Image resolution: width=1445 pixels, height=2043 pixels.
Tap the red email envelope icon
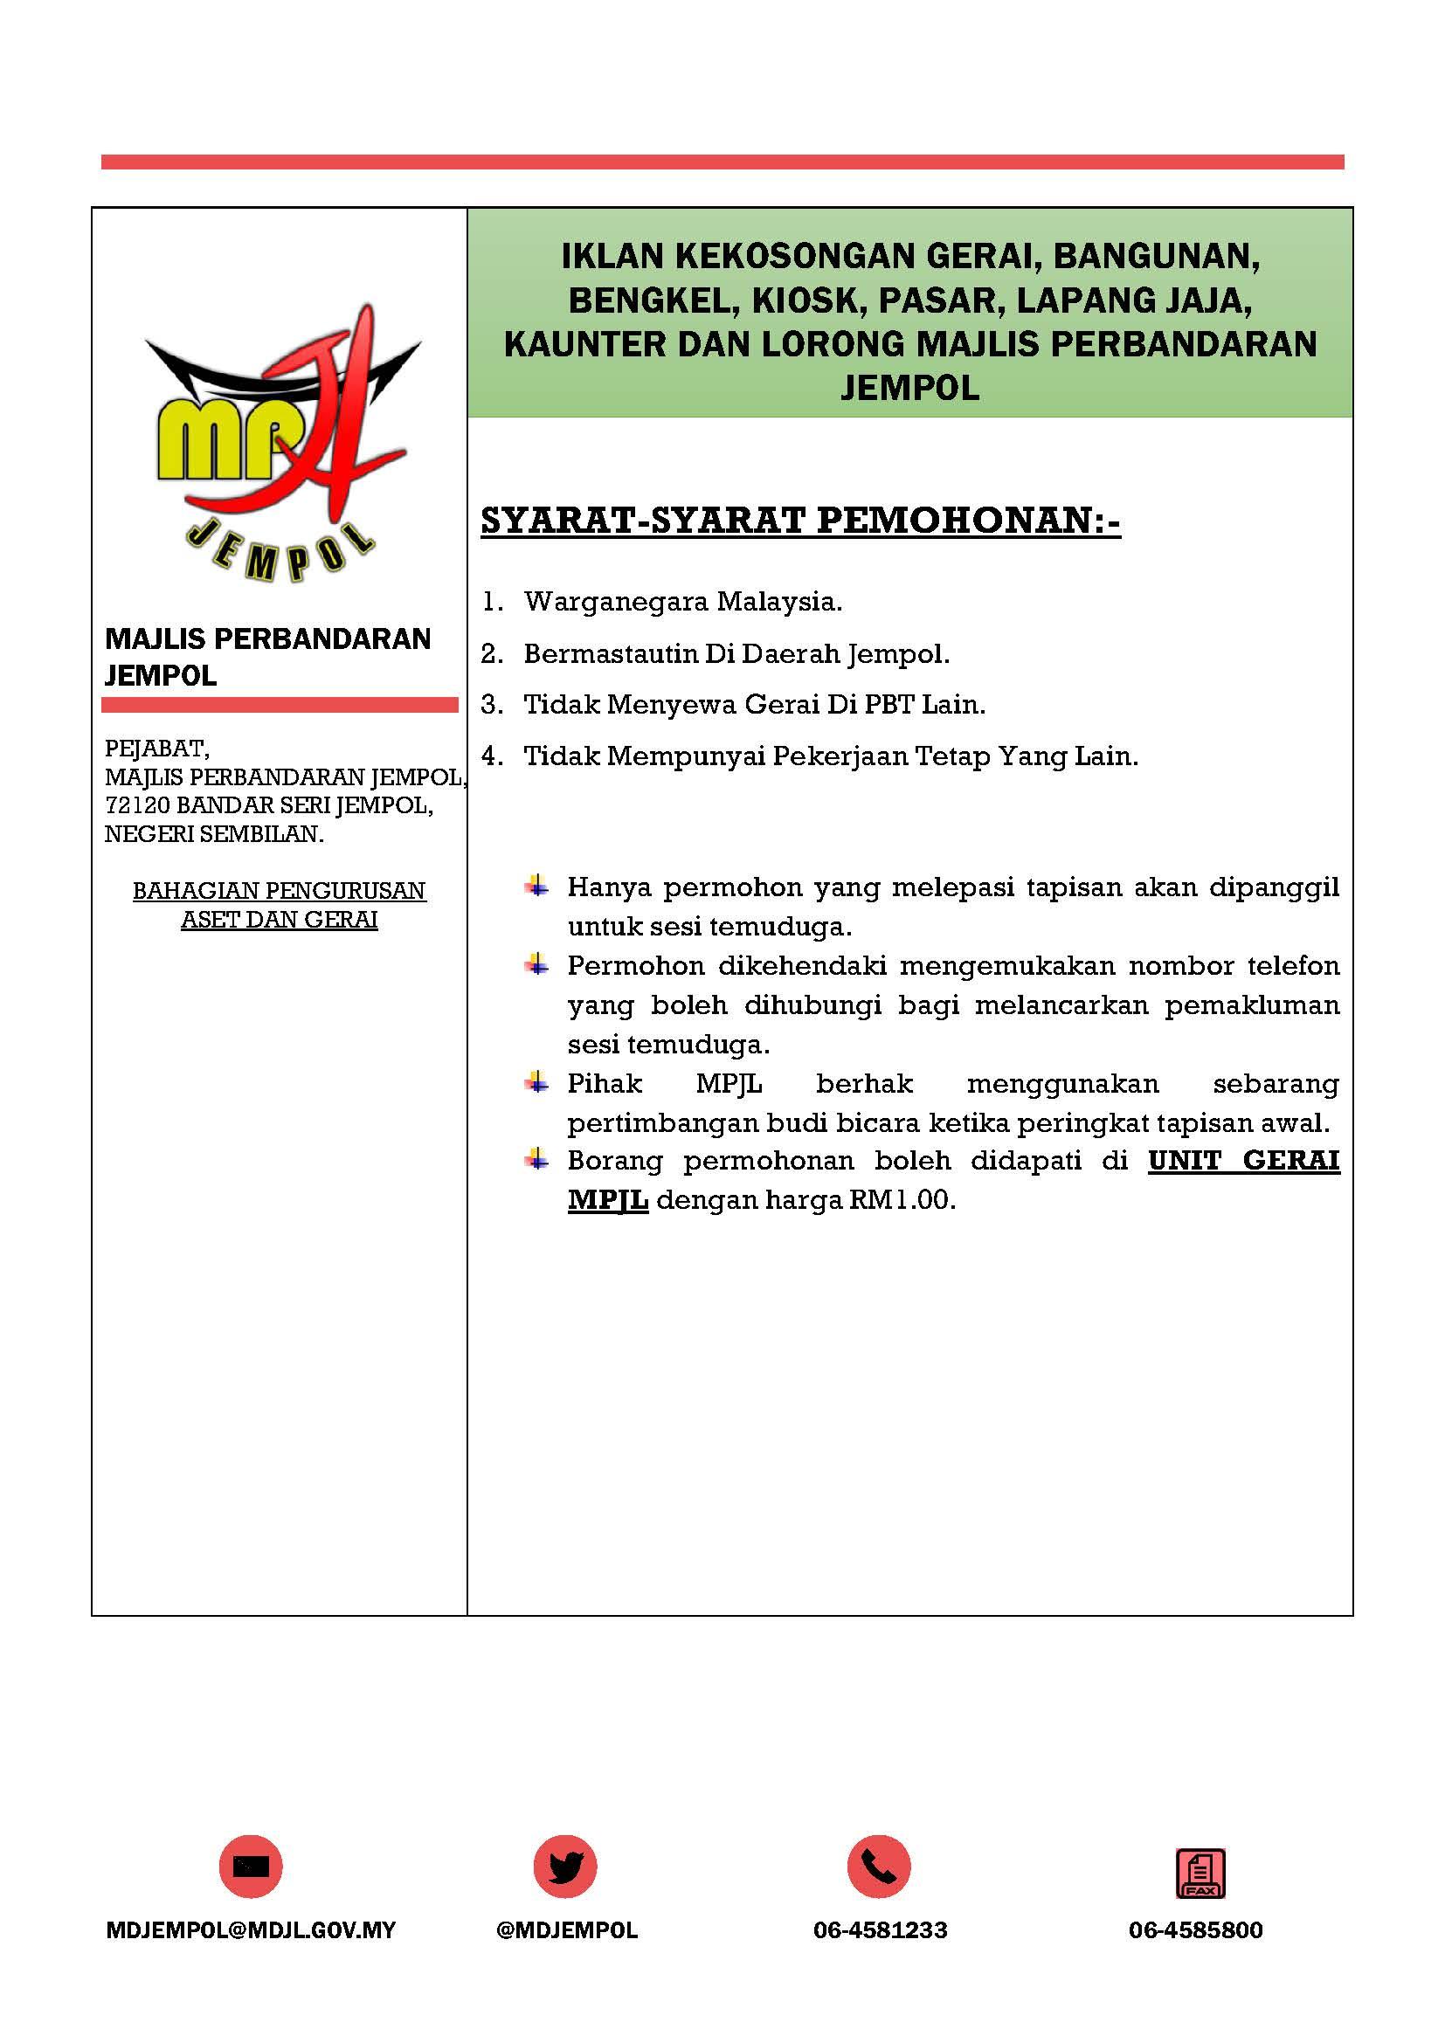tap(250, 1867)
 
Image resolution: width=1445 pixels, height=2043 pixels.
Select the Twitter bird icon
tap(565, 1867)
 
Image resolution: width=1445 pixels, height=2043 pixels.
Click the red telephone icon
tap(879, 1867)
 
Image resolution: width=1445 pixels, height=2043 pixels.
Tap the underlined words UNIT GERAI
tap(1243, 1161)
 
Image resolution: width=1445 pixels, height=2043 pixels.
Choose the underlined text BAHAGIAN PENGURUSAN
tap(280, 891)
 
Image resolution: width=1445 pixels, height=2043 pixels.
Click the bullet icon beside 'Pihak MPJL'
tap(536, 1083)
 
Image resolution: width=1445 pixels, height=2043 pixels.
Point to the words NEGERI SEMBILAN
tap(214, 835)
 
